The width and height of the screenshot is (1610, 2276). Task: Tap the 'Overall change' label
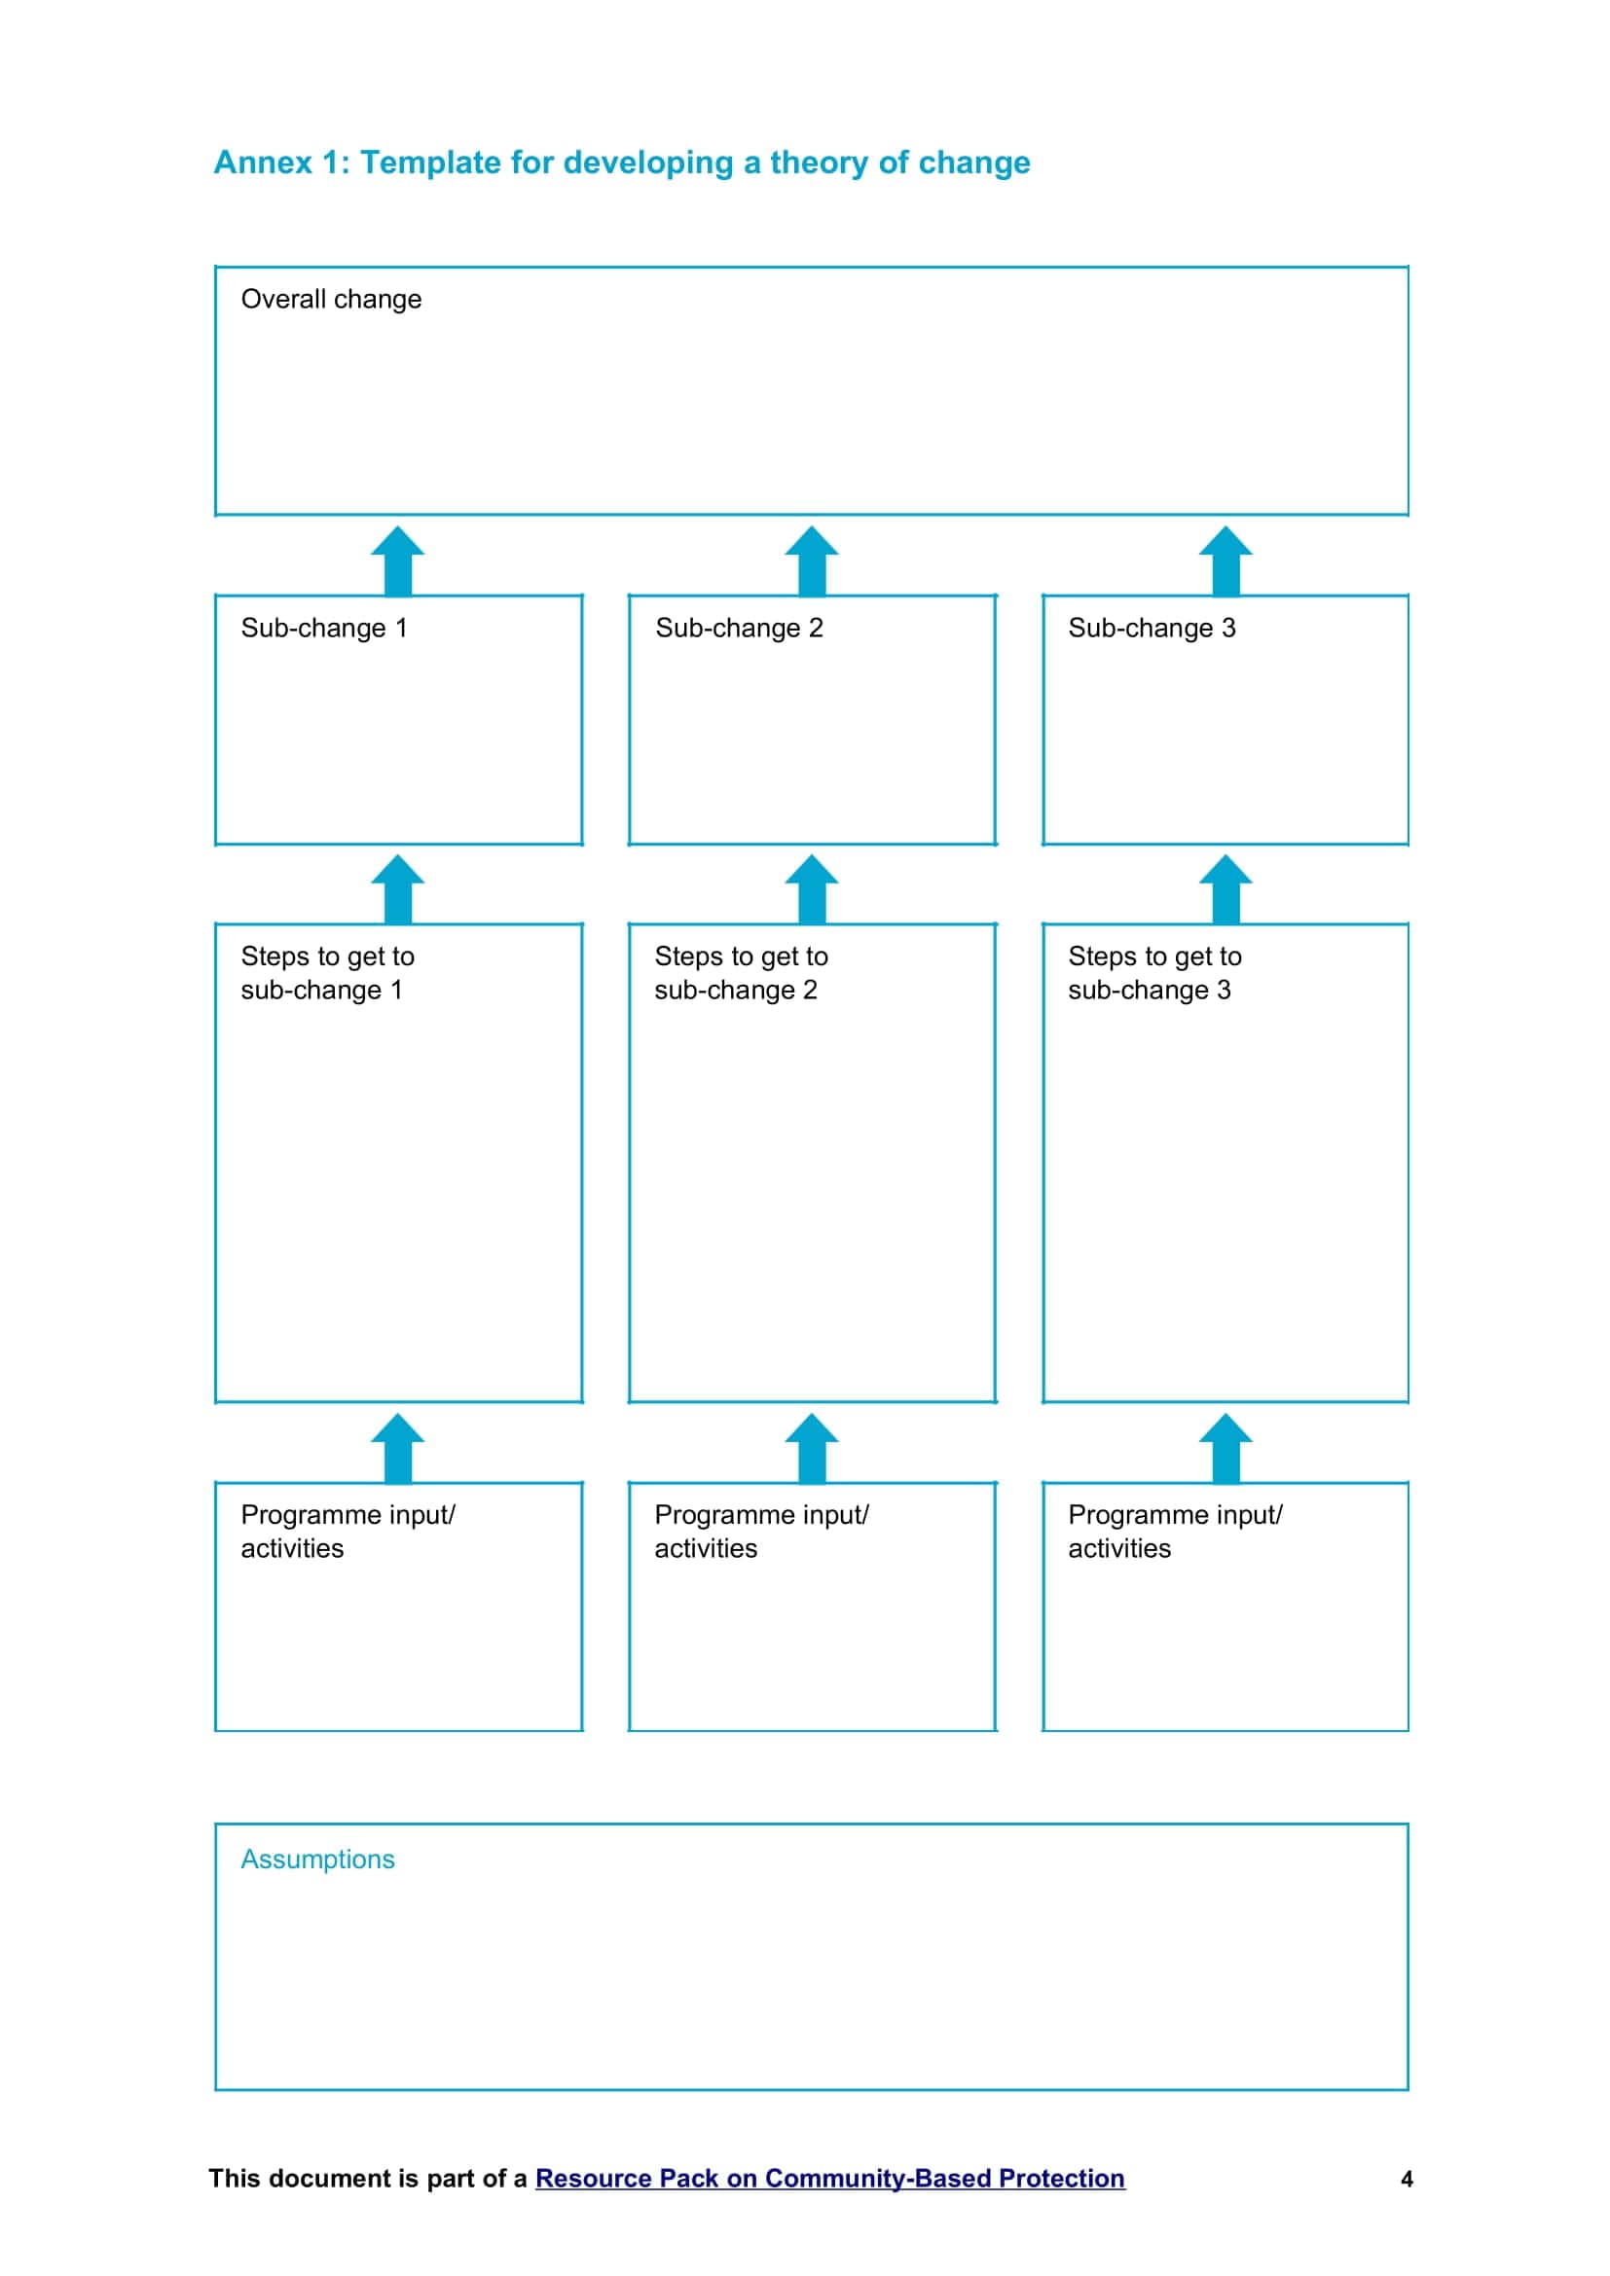click(331, 300)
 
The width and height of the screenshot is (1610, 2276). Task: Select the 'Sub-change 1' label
click(324, 628)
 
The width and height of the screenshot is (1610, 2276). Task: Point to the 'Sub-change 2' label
click(739, 628)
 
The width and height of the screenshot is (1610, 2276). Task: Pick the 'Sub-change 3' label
click(1152, 628)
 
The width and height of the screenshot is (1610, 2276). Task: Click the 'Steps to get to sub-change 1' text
click(327, 973)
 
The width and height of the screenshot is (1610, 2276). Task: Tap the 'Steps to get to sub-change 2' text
click(741, 973)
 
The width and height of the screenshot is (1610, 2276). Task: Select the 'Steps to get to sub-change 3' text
click(1155, 973)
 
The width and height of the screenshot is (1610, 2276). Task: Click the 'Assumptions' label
click(317, 1860)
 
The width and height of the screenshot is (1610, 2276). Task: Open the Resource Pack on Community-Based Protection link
click(829, 2178)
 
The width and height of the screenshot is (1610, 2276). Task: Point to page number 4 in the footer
click(1407, 2179)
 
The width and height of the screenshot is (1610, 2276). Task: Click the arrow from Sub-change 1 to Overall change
click(397, 561)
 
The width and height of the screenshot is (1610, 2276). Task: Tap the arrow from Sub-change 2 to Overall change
click(812, 561)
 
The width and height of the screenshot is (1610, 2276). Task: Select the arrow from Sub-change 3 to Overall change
click(1226, 561)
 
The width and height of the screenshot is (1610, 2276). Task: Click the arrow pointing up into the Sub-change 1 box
click(397, 889)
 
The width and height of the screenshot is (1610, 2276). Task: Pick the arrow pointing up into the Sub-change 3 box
click(1226, 889)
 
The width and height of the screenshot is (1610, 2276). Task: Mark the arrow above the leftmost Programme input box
click(397, 1448)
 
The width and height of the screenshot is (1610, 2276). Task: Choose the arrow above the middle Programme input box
click(812, 1448)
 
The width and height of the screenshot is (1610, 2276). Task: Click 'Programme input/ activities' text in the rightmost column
click(1175, 1532)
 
